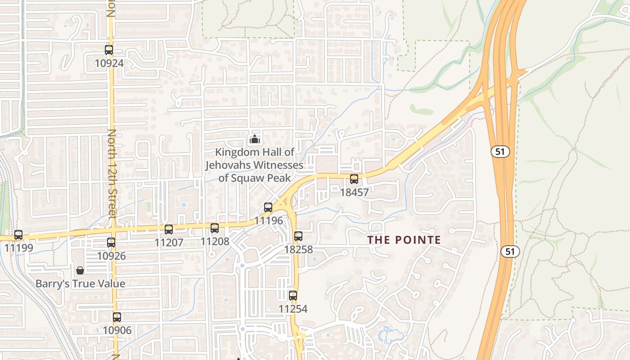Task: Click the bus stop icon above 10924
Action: coord(109,50)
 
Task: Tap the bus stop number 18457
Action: coord(354,193)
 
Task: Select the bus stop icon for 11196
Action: coord(268,207)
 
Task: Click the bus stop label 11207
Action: coord(169,243)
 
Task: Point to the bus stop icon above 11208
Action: coord(215,228)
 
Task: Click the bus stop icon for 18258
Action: coord(298,236)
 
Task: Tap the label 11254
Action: coord(293,309)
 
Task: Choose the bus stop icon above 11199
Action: coord(18,235)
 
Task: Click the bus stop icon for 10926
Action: coord(111,243)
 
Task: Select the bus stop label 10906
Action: coord(117,330)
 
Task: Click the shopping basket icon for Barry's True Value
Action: coord(80,270)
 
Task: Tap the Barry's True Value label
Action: coord(80,284)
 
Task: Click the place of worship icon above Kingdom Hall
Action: coord(255,139)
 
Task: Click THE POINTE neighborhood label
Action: coord(404,240)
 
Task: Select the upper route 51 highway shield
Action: coord(500,152)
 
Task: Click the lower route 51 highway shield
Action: coord(510,252)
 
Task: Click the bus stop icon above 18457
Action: coord(354,179)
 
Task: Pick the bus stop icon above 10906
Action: coord(117,317)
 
